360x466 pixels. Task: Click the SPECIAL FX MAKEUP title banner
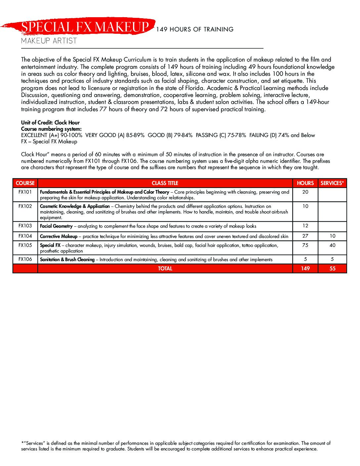[x=85, y=27]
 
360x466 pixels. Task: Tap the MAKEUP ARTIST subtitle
[x=49, y=41]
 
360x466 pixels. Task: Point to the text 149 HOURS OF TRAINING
[x=195, y=29]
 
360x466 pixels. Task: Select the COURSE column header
[x=25, y=183]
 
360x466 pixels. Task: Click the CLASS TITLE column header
[x=165, y=183]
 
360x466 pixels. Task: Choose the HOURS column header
[x=305, y=183]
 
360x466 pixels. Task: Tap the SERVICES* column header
[x=332, y=183]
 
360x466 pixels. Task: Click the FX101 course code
[x=25, y=192]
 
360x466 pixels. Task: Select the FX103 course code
[x=25, y=226]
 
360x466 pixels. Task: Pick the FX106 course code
[x=25, y=259]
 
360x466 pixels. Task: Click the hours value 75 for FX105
[x=305, y=245]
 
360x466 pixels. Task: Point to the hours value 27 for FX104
[x=305, y=236]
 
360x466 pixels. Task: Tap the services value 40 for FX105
[x=332, y=245]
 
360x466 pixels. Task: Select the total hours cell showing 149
[x=305, y=268]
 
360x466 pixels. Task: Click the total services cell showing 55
[x=332, y=268]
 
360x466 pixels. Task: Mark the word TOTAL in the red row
[x=165, y=268]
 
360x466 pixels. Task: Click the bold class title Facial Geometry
[x=56, y=226]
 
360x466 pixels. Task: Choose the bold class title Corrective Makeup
[x=59, y=236]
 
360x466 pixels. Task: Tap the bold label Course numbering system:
[x=51, y=129]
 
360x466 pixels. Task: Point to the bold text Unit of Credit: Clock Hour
[x=50, y=122]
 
